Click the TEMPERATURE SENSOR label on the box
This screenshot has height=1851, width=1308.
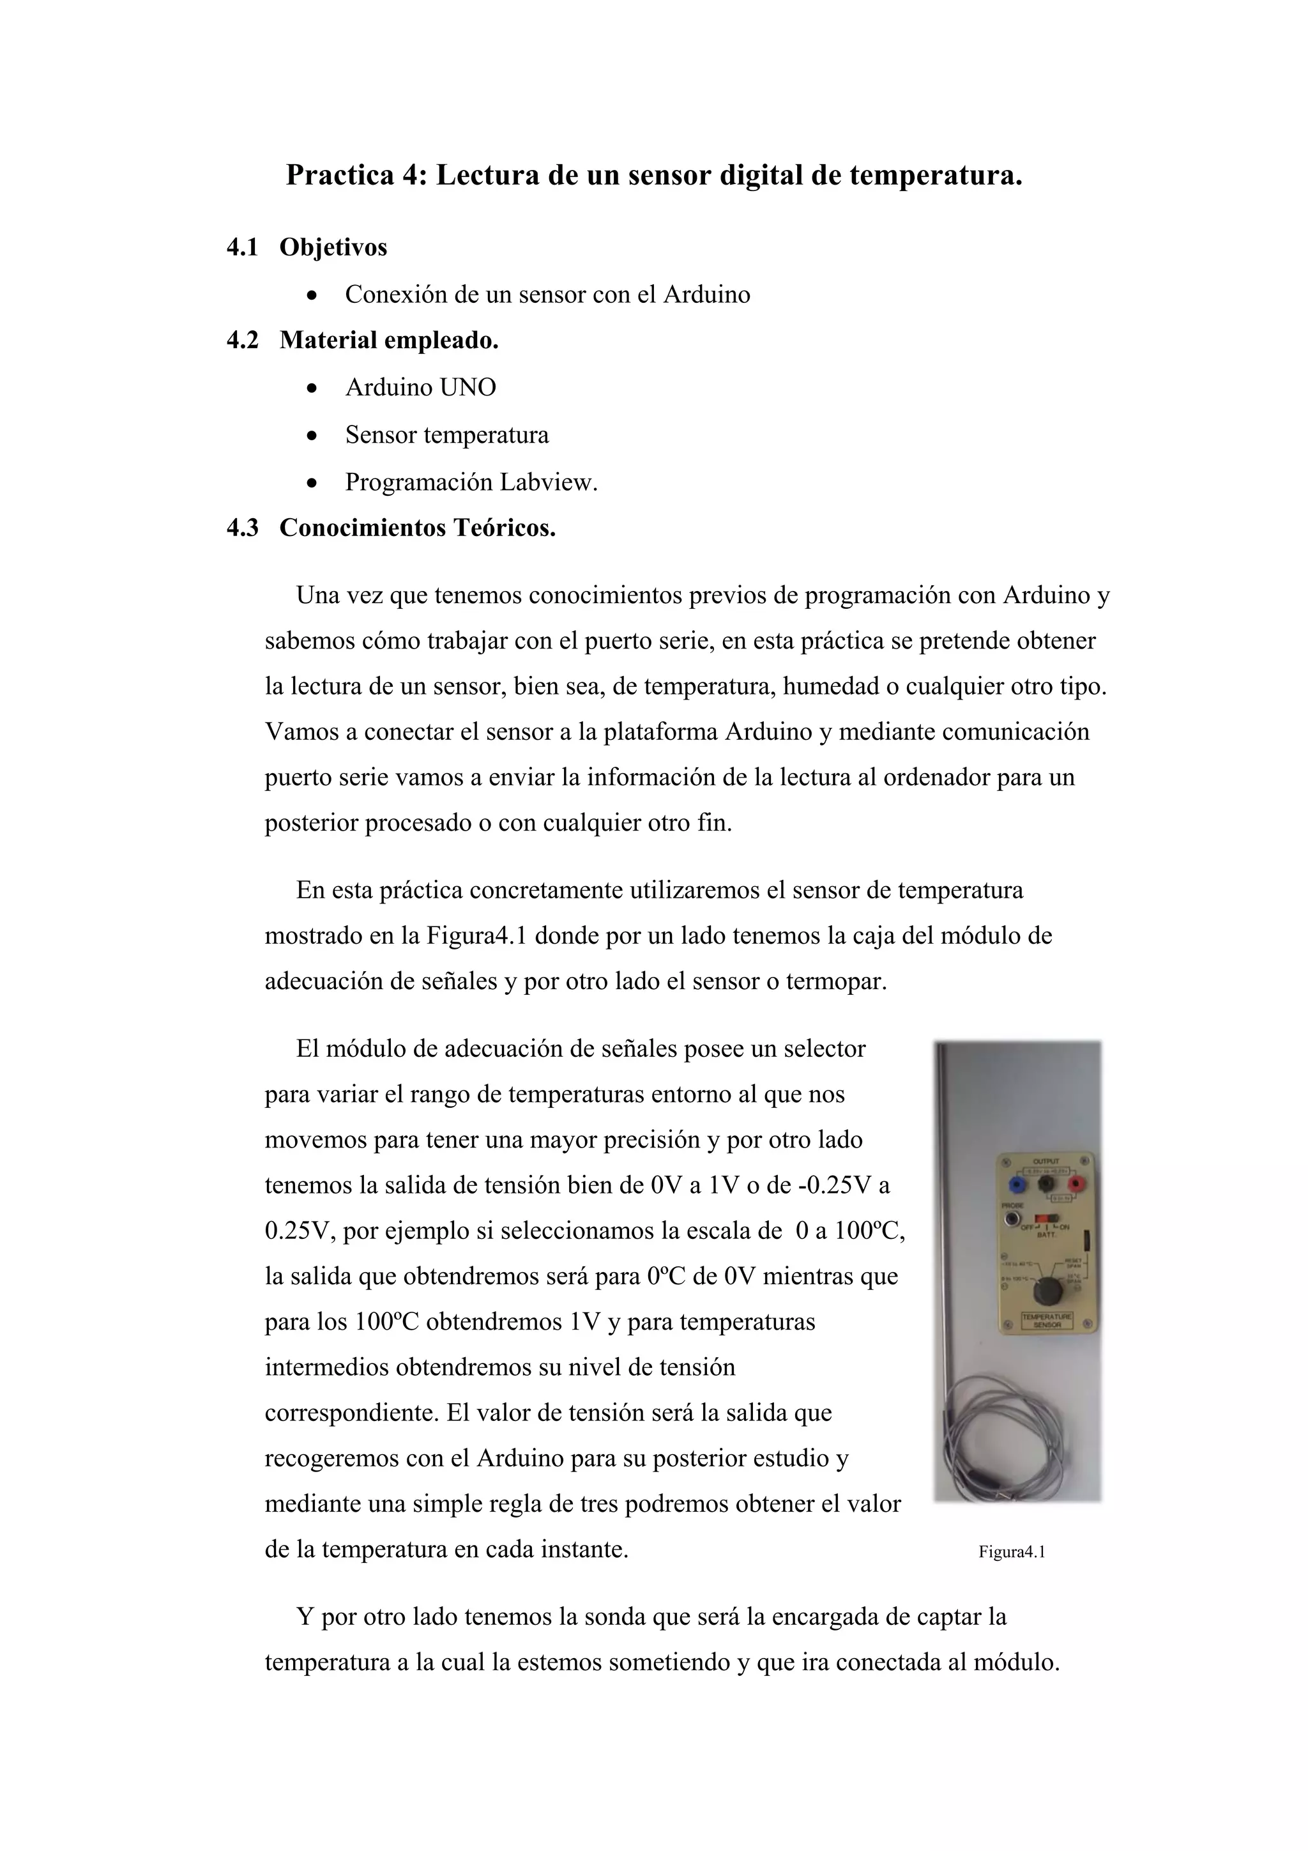[1047, 1320]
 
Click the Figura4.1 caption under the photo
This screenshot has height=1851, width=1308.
[1012, 1552]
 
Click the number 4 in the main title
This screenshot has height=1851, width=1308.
[409, 175]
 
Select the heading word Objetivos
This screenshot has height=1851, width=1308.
[333, 247]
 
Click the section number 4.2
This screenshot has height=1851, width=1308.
[243, 340]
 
